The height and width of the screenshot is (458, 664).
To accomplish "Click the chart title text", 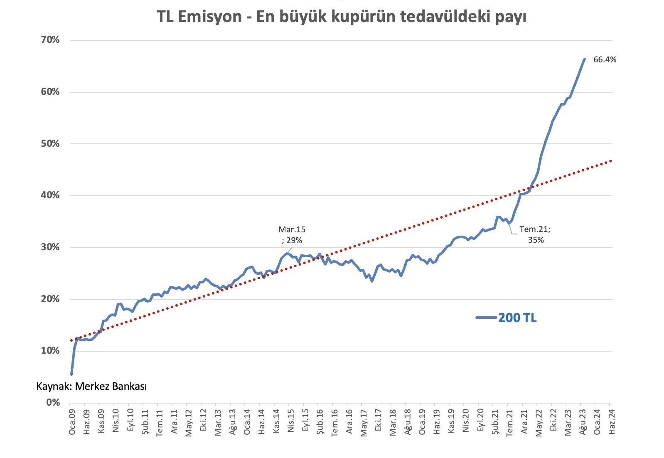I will pos(341,17).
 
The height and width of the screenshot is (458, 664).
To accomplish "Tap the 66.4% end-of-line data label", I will pos(605,59).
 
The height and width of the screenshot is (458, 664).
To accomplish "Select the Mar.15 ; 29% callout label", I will pos(292,235).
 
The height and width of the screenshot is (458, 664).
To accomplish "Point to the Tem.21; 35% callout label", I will pos(535,234).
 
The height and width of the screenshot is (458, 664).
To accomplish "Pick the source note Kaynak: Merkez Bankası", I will pos(91,387).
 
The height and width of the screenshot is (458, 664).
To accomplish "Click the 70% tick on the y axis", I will pos(50,40).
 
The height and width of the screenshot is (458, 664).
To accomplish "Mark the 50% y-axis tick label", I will pos(50,144).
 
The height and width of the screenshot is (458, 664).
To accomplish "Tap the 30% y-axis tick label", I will pos(50,247).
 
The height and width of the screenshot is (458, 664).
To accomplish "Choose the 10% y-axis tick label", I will pos(50,351).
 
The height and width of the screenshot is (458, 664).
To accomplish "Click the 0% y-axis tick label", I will pos(53,402).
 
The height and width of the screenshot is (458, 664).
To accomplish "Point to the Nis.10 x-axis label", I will pos(116,421).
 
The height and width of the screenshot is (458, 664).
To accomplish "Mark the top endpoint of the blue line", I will pos(584,59).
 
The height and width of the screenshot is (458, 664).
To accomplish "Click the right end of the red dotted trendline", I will pos(611,160).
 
